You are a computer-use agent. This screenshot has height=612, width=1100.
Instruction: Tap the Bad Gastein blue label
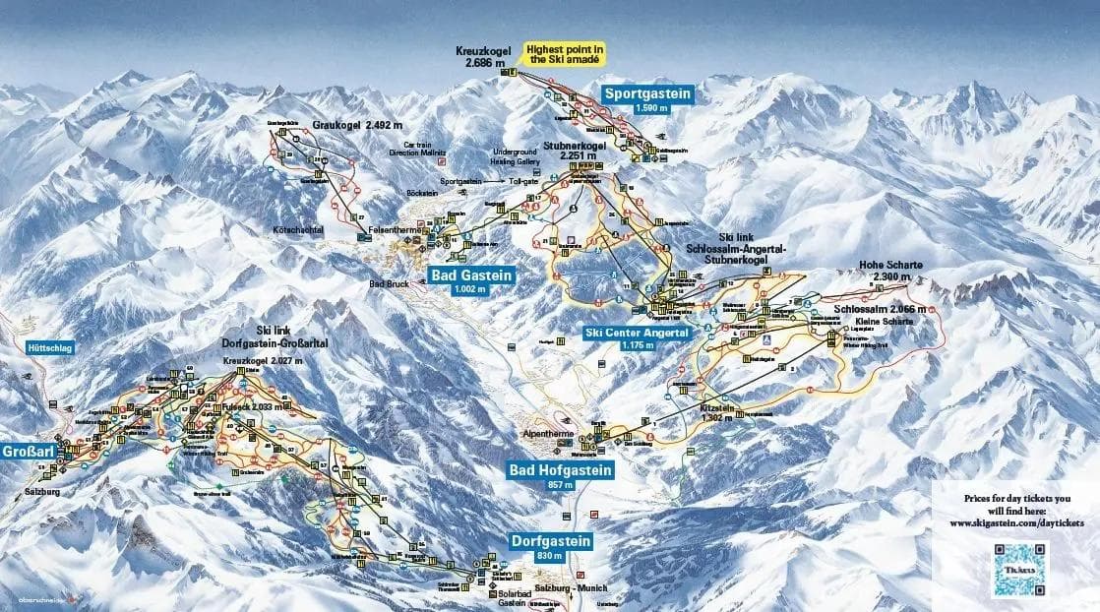coord(471,275)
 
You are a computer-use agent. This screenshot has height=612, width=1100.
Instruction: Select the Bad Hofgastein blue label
coord(560,471)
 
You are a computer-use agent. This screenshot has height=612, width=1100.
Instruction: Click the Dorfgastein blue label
coord(551,541)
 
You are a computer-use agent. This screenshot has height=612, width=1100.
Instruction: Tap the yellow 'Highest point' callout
coord(565,53)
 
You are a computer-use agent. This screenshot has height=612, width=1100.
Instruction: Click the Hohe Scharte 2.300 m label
coord(885,270)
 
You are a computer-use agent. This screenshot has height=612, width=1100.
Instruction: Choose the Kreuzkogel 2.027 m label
coord(263,362)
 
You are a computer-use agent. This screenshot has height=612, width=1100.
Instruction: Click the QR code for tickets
coord(1019,569)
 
